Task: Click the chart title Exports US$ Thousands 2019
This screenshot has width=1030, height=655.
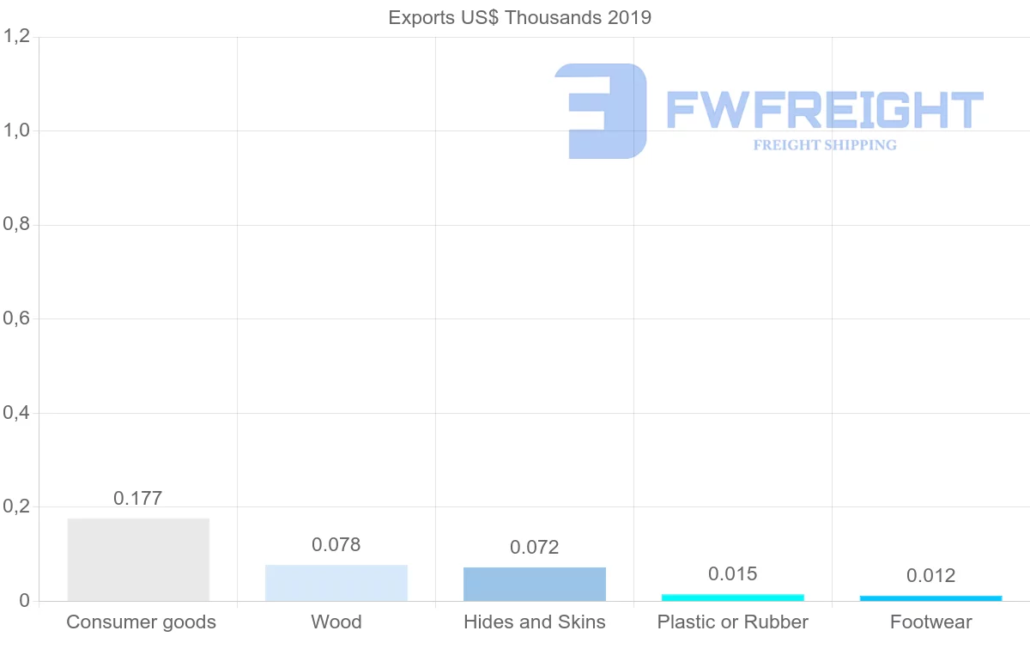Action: pyautogui.click(x=519, y=18)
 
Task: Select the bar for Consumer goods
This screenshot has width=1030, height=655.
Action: pyautogui.click(x=138, y=559)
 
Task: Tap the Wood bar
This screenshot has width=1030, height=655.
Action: pyautogui.click(x=336, y=582)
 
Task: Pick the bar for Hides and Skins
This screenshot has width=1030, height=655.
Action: pyautogui.click(x=535, y=584)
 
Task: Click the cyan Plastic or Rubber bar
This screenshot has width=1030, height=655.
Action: pyautogui.click(x=733, y=597)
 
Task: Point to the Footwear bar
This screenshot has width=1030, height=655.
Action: pyautogui.click(x=931, y=597)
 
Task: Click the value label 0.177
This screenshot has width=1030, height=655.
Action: pyautogui.click(x=138, y=499)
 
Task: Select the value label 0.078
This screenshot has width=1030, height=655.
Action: pyautogui.click(x=336, y=545)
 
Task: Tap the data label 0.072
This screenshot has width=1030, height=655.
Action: pyautogui.click(x=535, y=548)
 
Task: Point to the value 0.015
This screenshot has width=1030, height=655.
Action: pyautogui.click(x=733, y=574)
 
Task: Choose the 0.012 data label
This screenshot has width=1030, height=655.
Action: pyautogui.click(x=931, y=576)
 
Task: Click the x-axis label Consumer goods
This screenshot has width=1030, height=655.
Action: pyautogui.click(x=142, y=622)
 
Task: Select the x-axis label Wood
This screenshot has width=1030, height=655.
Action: pyautogui.click(x=336, y=622)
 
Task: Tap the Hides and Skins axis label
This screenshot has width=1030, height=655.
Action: pyautogui.click(x=535, y=622)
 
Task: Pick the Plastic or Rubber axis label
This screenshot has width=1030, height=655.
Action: pyautogui.click(x=733, y=622)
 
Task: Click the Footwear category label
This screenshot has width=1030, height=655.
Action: pyautogui.click(x=931, y=622)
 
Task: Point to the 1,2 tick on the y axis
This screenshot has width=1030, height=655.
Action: pyautogui.click(x=17, y=36)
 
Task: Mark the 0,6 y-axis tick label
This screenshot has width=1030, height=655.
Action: pyautogui.click(x=17, y=318)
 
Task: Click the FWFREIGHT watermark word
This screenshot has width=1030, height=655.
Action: pyautogui.click(x=825, y=111)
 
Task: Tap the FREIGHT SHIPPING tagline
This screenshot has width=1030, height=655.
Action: pyautogui.click(x=825, y=145)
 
